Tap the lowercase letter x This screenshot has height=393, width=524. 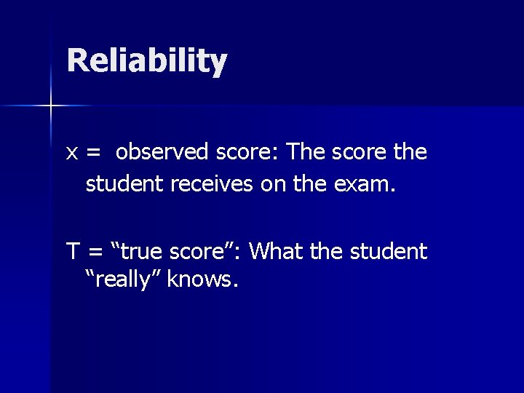72,153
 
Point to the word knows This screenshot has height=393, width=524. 202,279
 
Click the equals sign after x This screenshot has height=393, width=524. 93,154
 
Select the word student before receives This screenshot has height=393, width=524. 125,184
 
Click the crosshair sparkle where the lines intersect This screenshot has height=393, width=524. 51,106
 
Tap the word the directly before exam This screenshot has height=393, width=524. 318,184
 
